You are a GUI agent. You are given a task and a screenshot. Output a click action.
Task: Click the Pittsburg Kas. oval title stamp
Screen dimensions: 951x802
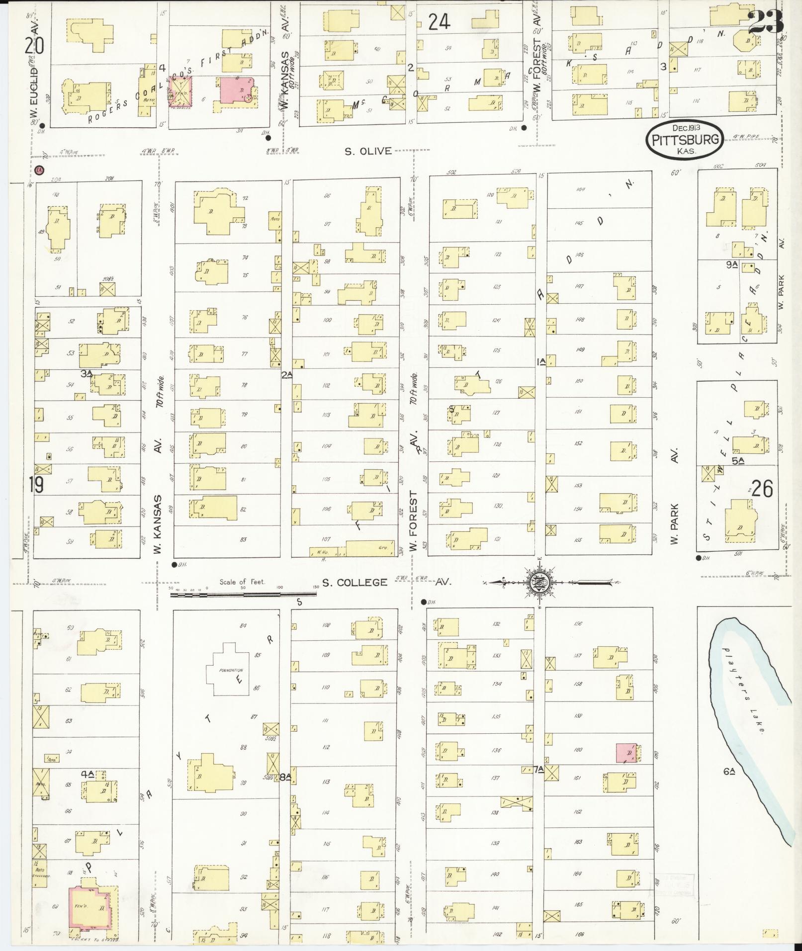[x=685, y=139]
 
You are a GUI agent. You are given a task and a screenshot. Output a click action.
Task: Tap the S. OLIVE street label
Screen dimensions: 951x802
[x=368, y=151]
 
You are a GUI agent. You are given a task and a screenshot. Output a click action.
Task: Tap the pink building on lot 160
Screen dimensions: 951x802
[x=625, y=753]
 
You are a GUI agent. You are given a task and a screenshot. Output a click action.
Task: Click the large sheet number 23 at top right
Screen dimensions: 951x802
[x=765, y=23]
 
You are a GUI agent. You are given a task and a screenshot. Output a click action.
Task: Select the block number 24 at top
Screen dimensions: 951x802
[x=440, y=22]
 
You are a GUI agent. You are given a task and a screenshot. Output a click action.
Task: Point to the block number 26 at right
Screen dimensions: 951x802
[x=762, y=489]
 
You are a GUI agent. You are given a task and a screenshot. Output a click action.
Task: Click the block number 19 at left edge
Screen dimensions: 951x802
[x=36, y=485]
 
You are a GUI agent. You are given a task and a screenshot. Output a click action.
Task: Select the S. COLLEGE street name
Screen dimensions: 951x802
[x=355, y=582]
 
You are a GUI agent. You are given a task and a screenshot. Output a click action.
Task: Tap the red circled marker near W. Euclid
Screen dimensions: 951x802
[x=40, y=171]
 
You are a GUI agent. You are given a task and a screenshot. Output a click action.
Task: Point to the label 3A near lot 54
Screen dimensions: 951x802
[x=87, y=373]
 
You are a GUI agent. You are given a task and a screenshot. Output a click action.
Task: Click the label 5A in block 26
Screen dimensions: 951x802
[x=738, y=460]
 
